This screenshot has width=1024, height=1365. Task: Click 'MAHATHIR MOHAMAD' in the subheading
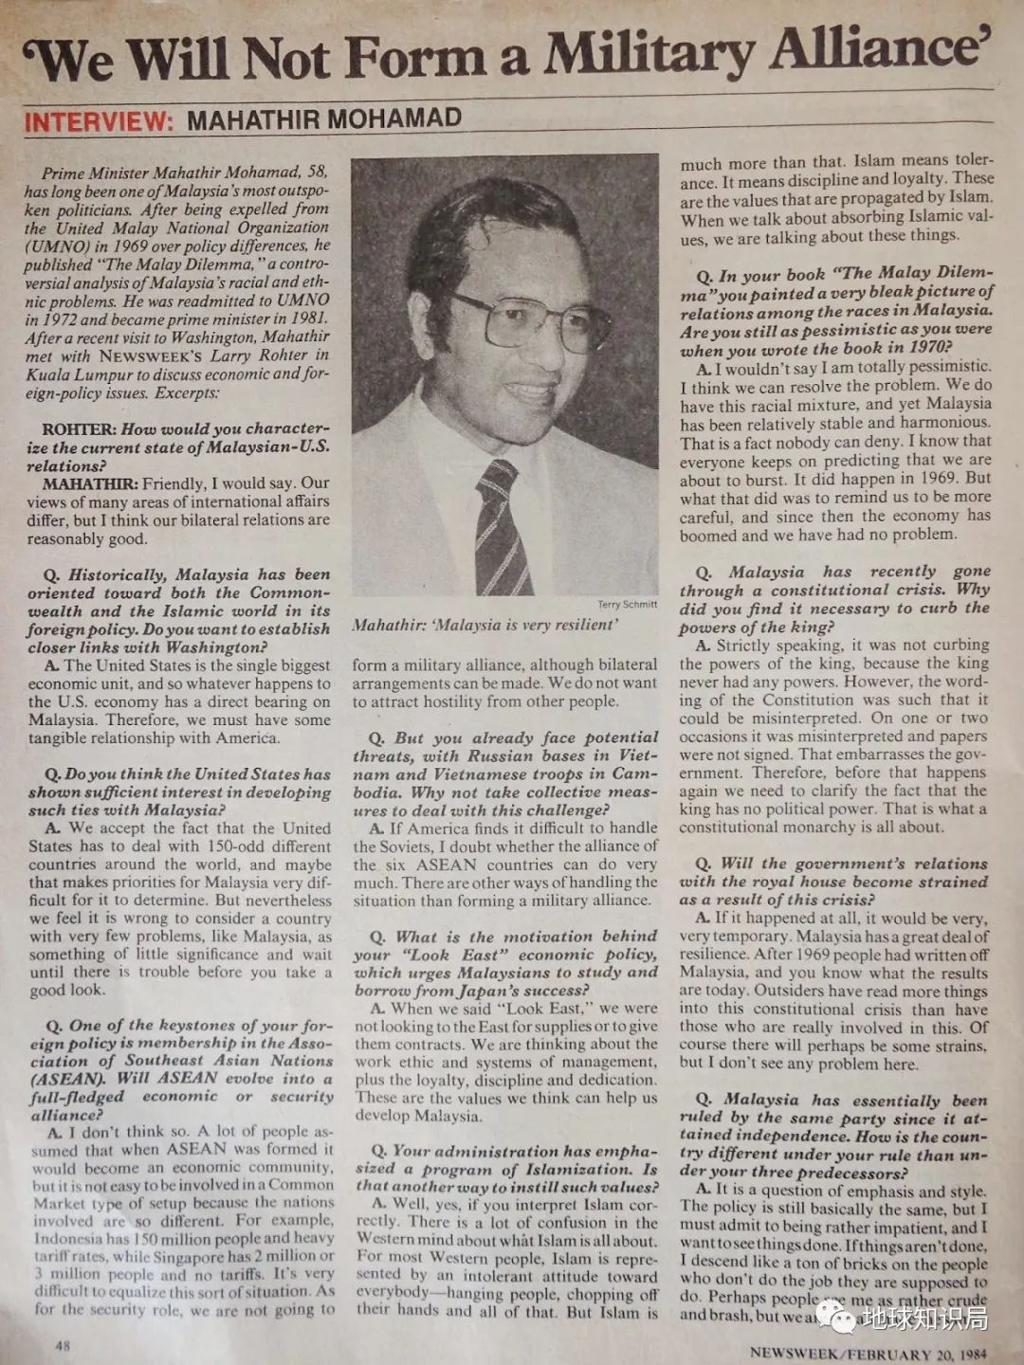[324, 119]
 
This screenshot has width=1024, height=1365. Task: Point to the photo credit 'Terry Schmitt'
[627, 605]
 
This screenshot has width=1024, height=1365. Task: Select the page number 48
[64, 1345]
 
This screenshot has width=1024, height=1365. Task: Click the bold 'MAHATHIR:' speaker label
[90, 483]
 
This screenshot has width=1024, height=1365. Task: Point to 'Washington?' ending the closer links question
[216, 647]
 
